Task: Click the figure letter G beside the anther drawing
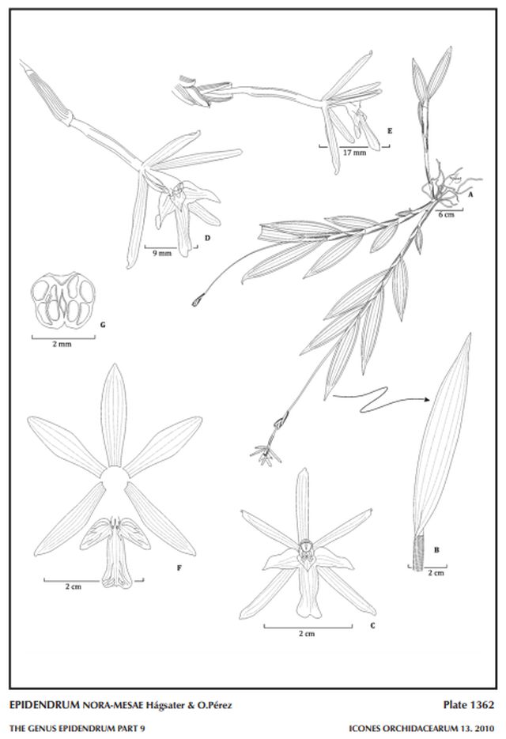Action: [103, 325]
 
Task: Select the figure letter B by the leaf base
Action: [436, 549]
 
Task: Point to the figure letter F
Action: [179, 568]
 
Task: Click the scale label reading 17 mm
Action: [354, 153]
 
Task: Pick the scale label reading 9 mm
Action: [162, 254]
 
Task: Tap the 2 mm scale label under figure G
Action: [62, 344]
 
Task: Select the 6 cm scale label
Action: [446, 214]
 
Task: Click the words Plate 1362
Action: [469, 705]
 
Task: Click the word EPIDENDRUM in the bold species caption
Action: [44, 706]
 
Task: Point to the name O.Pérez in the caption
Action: [216, 706]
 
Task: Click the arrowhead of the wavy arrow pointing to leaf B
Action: [427, 400]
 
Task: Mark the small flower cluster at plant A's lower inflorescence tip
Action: [266, 454]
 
